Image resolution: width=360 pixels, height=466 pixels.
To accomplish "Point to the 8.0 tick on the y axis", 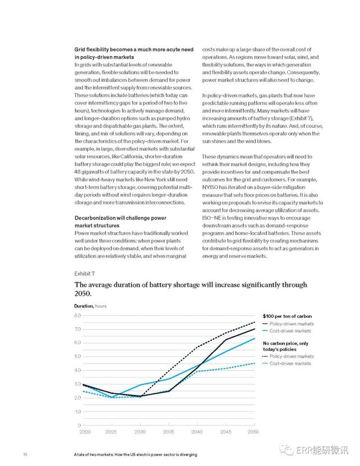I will tap(78, 315).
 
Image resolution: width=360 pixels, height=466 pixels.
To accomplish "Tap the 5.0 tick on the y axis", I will tap(78, 356).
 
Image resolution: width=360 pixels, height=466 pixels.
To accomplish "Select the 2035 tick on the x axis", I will tap(168, 431).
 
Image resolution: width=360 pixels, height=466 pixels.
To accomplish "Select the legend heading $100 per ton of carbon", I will tap(286, 316).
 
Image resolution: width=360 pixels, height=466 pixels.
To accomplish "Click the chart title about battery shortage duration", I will tap(186, 289).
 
